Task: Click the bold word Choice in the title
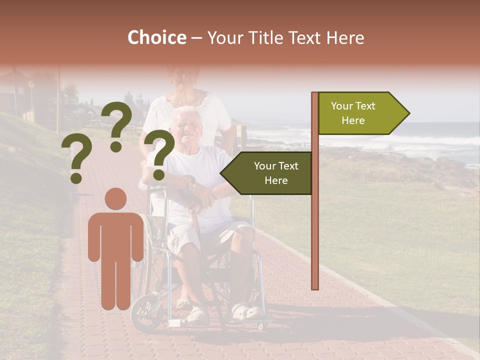(x=156, y=38)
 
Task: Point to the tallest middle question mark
(x=117, y=125)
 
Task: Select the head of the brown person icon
(x=115, y=198)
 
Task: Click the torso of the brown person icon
(x=115, y=235)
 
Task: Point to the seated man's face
(x=184, y=127)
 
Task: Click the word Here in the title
(x=345, y=38)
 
